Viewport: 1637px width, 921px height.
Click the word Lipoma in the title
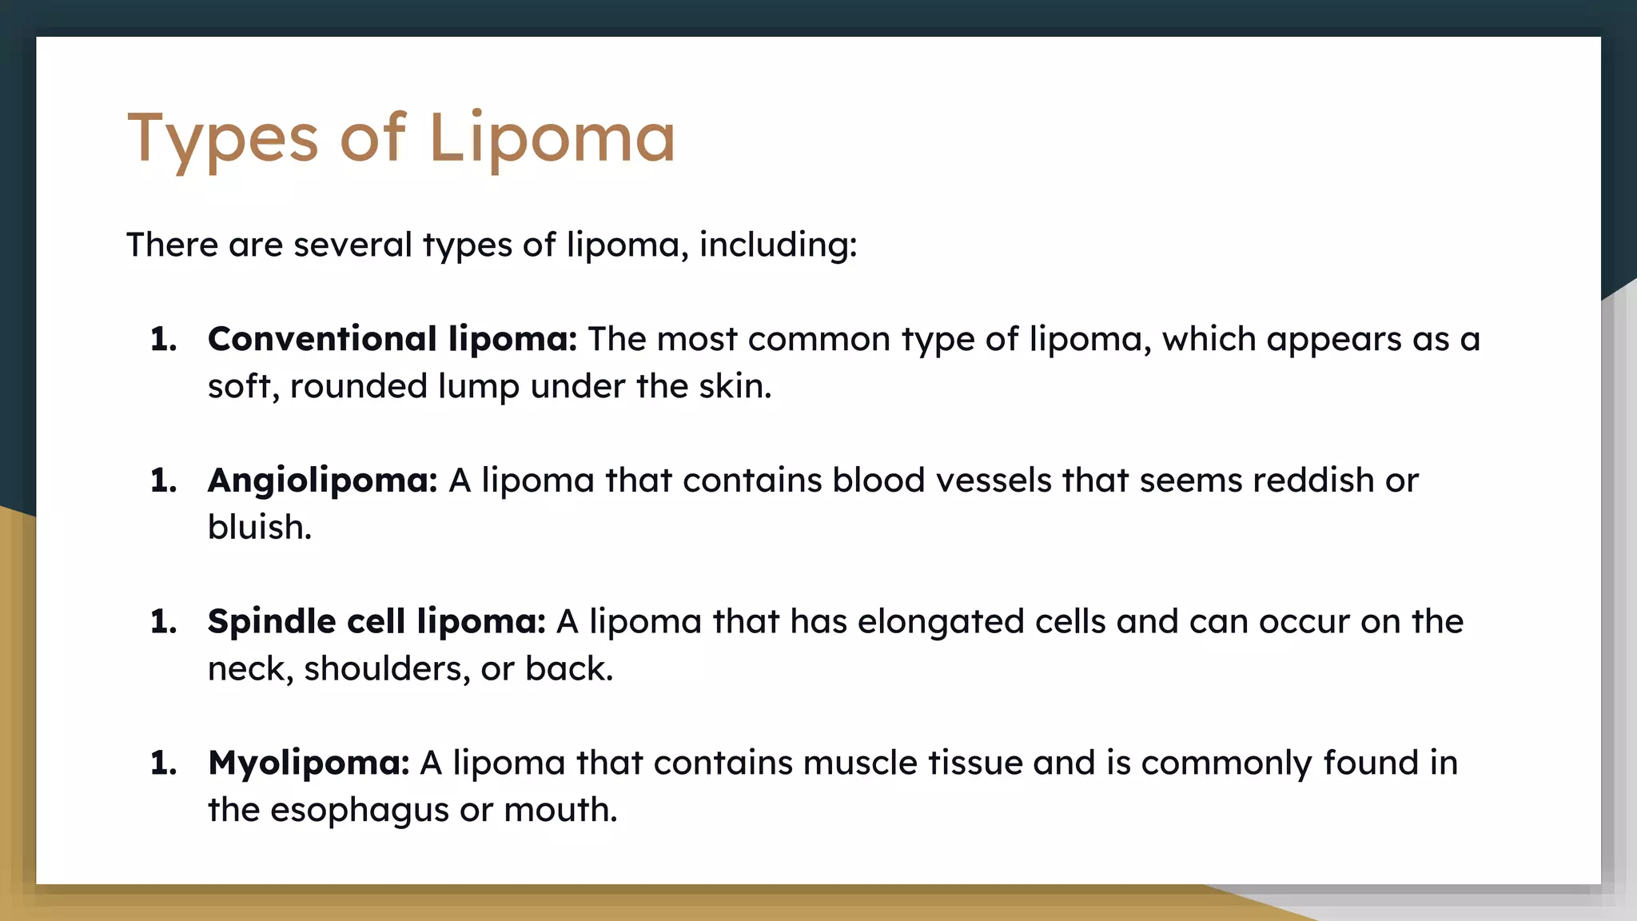pos(552,138)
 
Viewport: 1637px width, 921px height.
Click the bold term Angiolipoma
pos(322,480)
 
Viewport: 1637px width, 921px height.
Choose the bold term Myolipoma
pos(309,763)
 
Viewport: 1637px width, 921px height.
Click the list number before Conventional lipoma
pos(163,340)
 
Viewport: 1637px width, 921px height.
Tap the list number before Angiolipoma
pos(163,480)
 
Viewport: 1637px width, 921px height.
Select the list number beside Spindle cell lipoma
pos(163,622)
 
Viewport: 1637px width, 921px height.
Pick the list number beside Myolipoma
pos(163,763)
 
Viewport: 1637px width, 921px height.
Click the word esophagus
pos(360,811)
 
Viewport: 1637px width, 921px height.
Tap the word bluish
pos(259,528)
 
